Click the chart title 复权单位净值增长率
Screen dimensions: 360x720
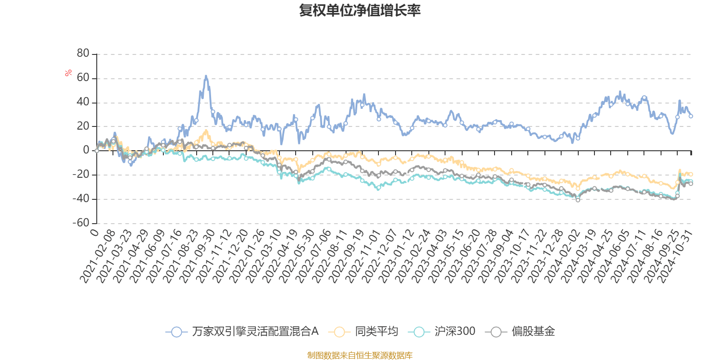[x=360, y=10]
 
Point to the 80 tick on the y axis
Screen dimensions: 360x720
[x=83, y=54]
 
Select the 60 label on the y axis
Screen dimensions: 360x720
[x=83, y=78]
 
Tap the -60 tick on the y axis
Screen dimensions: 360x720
[x=81, y=223]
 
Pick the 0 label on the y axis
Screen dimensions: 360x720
[x=86, y=150]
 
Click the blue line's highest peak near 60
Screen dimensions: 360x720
[x=206, y=76]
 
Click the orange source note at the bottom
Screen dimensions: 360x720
[x=360, y=355]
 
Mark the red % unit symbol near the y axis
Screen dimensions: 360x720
[x=68, y=73]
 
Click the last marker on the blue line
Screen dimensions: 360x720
[x=691, y=116]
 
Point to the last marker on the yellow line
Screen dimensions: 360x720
[x=691, y=174]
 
